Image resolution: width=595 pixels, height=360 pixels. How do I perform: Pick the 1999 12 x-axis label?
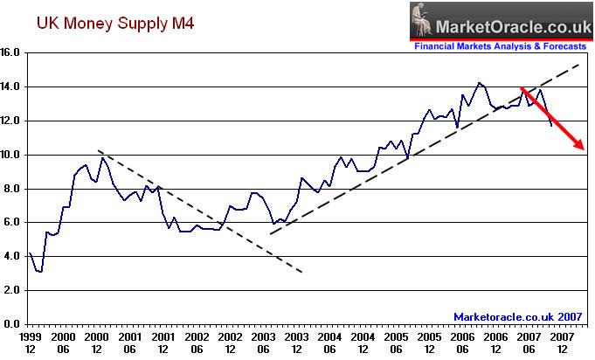(30, 342)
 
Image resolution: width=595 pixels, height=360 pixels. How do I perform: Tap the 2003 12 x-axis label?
(296, 342)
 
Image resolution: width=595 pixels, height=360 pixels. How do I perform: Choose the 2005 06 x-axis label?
(396, 342)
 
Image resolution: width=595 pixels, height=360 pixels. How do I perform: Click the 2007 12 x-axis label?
(562, 342)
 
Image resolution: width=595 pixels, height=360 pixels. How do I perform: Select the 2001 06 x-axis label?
(129, 342)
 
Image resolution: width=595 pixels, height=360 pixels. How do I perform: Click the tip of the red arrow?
(584, 149)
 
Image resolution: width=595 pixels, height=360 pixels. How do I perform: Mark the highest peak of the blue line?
(478, 83)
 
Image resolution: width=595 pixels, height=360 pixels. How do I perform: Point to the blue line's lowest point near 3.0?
(40, 272)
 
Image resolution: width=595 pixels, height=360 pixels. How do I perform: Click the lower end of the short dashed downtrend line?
(302, 273)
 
